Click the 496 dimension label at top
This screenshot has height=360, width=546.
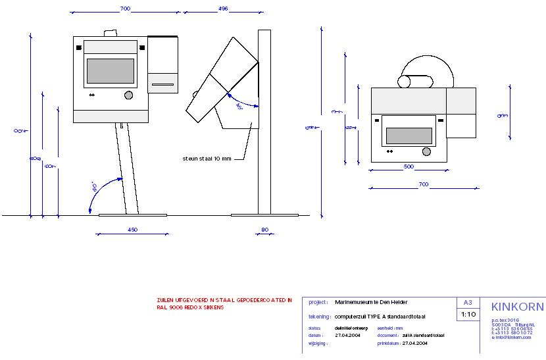[222, 9]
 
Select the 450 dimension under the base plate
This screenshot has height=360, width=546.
[132, 230]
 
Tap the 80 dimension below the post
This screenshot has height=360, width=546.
[264, 230]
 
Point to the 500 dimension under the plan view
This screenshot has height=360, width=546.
[409, 167]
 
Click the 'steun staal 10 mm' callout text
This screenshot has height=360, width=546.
[207, 159]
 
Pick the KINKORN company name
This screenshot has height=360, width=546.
[517, 307]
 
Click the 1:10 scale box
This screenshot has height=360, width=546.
[468, 315]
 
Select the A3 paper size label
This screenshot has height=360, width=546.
[468, 303]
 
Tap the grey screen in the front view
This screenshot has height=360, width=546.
[111, 71]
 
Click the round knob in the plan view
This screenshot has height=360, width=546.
[427, 152]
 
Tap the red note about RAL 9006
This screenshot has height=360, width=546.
[224, 303]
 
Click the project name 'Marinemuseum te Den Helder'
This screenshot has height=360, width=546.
[371, 302]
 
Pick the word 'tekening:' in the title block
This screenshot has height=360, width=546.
[319, 317]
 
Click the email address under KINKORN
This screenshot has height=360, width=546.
[511, 337]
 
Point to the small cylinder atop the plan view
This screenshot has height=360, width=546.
[416, 82]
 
